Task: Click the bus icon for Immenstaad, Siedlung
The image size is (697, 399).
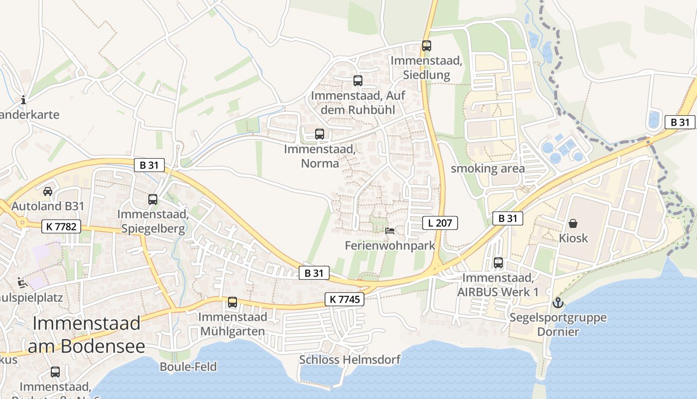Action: [426, 46]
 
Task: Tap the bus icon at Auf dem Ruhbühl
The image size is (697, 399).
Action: [357, 80]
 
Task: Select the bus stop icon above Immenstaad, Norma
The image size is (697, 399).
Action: [320, 134]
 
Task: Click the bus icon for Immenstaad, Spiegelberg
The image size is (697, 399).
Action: [153, 199]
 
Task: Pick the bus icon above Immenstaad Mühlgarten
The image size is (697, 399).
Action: [232, 302]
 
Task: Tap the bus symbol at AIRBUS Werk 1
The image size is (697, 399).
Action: [498, 263]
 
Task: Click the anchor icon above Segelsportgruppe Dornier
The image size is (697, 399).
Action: [558, 303]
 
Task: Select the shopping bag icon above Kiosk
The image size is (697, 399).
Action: [573, 223]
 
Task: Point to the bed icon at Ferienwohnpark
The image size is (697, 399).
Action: [390, 231]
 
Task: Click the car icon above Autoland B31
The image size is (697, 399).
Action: [48, 191]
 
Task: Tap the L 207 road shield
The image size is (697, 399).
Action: [440, 223]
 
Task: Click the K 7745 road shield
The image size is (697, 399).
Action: [345, 299]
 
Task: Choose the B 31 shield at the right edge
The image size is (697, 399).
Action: [680, 122]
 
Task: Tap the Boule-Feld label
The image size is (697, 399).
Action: [188, 367]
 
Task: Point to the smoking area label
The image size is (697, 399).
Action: [487, 169]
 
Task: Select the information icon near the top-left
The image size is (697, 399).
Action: [23, 100]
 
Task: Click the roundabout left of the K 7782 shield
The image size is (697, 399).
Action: [22, 222]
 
